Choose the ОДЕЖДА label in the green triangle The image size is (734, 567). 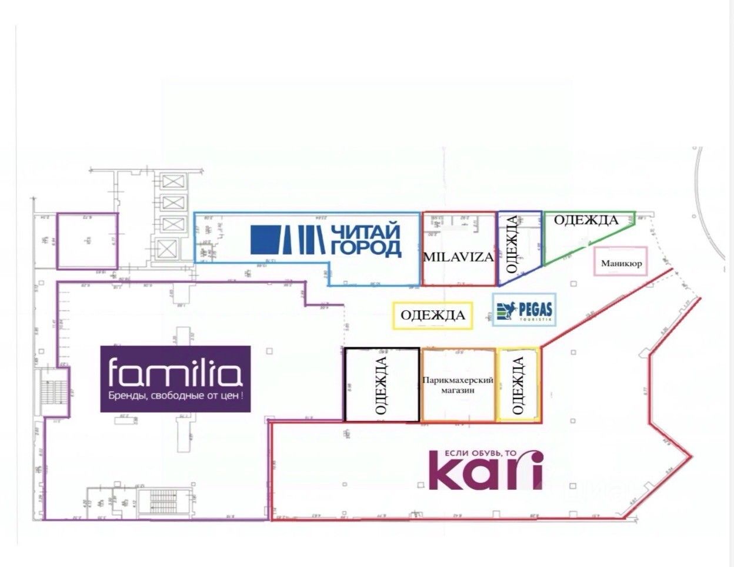(586, 220)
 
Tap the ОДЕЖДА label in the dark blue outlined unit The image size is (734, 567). (512, 244)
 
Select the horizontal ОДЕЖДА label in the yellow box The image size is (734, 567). (433, 315)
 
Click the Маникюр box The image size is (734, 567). (621, 263)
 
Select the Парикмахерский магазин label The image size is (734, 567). (457, 386)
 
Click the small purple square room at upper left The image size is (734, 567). (87, 241)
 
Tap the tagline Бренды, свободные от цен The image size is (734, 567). (175, 396)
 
